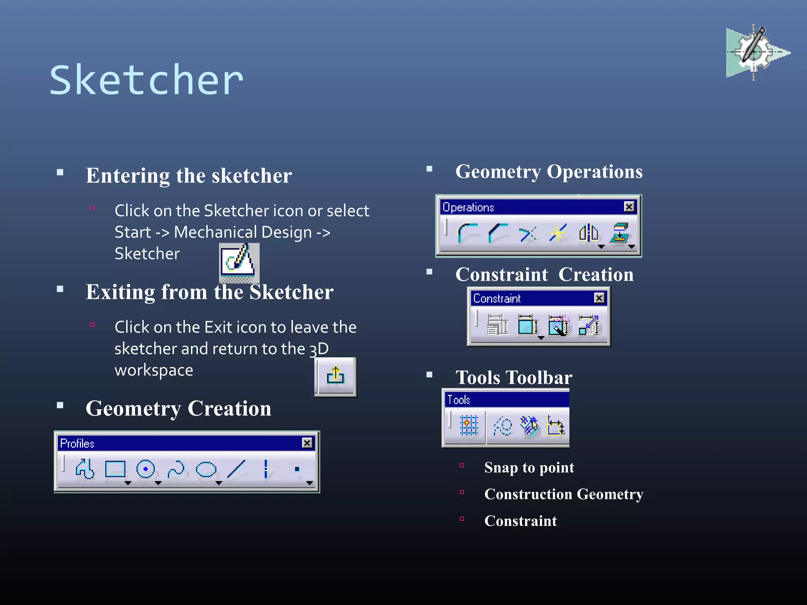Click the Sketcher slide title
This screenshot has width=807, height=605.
(147, 80)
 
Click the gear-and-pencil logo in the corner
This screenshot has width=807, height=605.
(755, 52)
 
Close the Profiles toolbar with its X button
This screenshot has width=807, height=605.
(307, 443)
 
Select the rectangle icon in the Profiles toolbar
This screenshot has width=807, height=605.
(115, 469)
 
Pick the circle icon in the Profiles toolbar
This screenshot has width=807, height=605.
(145, 469)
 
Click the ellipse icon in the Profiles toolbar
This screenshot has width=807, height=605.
(206, 469)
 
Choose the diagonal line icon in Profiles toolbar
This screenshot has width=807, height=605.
(236, 469)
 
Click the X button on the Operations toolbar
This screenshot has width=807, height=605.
(629, 207)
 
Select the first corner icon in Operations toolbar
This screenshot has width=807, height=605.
(468, 233)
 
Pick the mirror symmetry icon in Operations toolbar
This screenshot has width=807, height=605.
(588, 233)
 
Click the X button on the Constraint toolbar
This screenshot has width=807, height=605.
(599, 298)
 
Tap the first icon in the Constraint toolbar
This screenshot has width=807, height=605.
(497, 325)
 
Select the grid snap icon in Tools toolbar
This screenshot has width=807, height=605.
(469, 426)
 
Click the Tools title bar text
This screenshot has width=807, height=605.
(459, 400)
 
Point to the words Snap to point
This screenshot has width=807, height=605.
(529, 468)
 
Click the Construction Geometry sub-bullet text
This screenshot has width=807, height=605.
(563, 494)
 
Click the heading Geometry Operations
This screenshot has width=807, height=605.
(549, 172)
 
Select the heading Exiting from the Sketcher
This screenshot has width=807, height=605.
(210, 292)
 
